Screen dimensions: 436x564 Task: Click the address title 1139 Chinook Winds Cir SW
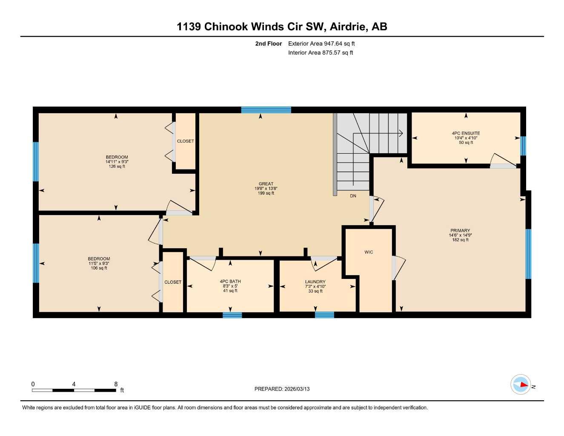(282, 26)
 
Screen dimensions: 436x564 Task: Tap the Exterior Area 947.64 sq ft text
(321, 43)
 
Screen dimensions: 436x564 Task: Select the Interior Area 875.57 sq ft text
(321, 53)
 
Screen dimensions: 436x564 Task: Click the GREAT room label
(266, 184)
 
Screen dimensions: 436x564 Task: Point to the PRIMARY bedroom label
(460, 230)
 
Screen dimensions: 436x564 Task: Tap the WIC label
(369, 252)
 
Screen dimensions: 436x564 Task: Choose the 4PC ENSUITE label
(466, 133)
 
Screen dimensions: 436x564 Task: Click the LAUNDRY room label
(315, 282)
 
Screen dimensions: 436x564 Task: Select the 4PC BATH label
(230, 281)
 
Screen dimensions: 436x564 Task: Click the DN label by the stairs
(353, 196)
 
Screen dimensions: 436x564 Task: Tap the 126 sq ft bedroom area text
(117, 166)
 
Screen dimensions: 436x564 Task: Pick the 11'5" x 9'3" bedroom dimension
(99, 264)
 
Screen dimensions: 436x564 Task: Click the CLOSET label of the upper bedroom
(185, 141)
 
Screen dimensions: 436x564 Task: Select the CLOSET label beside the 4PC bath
(173, 282)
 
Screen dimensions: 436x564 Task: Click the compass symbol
(521, 384)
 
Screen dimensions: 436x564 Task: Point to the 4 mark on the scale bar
(74, 384)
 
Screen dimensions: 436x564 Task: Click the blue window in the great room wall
(266, 110)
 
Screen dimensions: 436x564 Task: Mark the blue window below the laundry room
(324, 315)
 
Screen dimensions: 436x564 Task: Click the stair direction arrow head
(401, 133)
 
